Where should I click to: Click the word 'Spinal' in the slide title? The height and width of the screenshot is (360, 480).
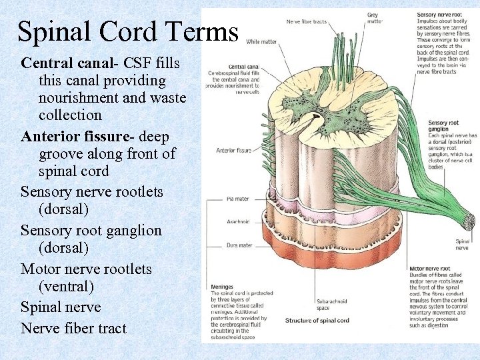coord(58,32)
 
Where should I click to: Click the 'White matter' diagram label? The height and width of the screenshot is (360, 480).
coord(262,41)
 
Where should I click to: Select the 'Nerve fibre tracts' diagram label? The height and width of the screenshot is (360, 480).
coord(306,21)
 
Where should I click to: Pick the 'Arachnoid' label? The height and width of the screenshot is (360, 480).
coord(239,221)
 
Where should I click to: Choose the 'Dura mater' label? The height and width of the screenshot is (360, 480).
coord(239,245)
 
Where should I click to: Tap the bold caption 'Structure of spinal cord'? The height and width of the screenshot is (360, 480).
coord(317,321)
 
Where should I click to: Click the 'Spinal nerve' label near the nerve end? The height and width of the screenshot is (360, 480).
coord(462,244)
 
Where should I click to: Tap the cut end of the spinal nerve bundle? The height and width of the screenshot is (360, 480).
coord(469,222)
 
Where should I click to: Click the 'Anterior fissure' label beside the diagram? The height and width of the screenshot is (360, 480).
coord(233,150)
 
